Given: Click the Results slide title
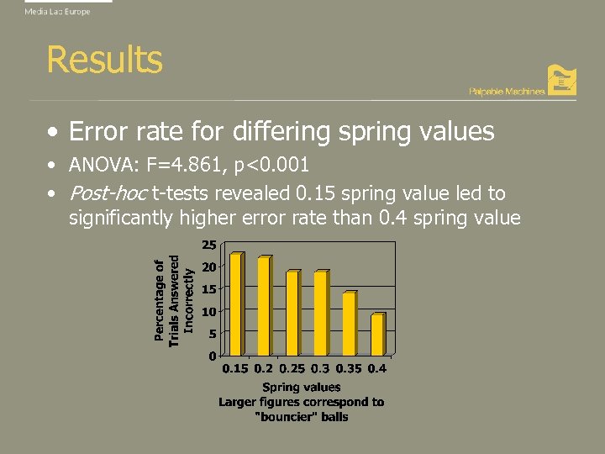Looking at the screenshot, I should pyautogui.click(x=104, y=60).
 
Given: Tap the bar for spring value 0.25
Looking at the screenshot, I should pyautogui.click(x=292, y=313).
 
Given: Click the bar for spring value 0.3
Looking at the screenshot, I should pyautogui.click(x=320, y=313).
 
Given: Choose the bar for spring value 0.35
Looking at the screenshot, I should pyautogui.click(x=349, y=324).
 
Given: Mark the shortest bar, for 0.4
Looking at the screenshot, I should pyautogui.click(x=376, y=335).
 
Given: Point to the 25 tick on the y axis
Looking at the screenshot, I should pyautogui.click(x=209, y=245).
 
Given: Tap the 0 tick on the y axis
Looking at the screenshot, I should pyautogui.click(x=213, y=356).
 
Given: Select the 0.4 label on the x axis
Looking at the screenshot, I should pyautogui.click(x=377, y=368).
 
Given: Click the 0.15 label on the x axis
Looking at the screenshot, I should pyautogui.click(x=235, y=368).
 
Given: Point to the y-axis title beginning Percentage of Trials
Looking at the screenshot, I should pyautogui.click(x=174, y=299).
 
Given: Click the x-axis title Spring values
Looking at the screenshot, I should pyautogui.click(x=302, y=388).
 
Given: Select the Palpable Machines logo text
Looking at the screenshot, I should pyautogui.click(x=507, y=91).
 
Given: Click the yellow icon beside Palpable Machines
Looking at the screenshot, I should pyautogui.click(x=561, y=80).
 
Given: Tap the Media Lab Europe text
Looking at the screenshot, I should pyautogui.click(x=57, y=12).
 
